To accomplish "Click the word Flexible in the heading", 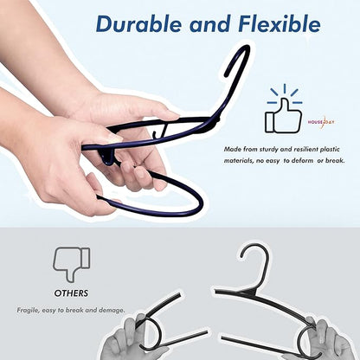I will pos(270,24).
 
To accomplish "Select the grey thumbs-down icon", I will pos(72,260).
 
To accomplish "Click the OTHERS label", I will pos(72,292).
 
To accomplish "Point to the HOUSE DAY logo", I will pos(321,122).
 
